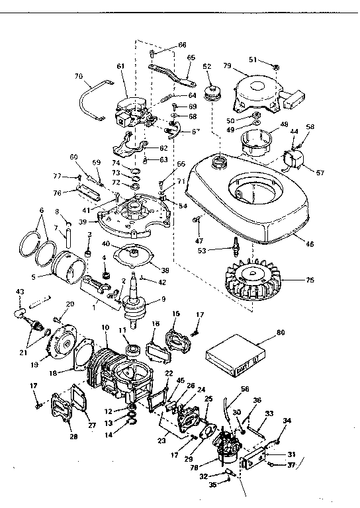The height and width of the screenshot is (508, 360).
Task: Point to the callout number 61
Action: [120, 67]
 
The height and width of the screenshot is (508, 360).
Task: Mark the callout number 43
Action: [19, 292]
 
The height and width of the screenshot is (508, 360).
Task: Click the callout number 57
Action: [320, 173]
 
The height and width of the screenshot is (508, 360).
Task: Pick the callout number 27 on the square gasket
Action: [92, 426]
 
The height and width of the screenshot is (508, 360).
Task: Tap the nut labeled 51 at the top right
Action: [277, 65]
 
